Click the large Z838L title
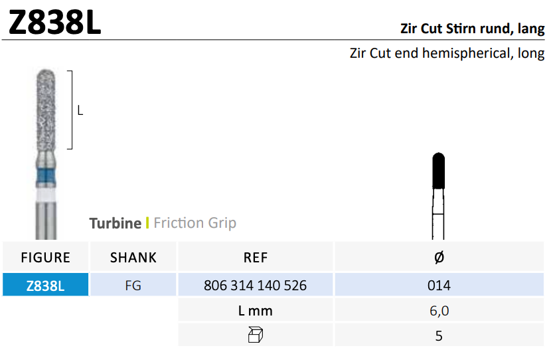[x=55, y=23]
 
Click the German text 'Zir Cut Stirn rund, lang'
[x=472, y=29]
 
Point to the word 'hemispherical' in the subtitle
[x=466, y=53]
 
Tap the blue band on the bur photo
[x=46, y=177]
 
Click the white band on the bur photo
[x=46, y=195]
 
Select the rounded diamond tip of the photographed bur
[x=46, y=75]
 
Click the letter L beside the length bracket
[x=80, y=111]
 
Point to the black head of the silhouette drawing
[x=439, y=171]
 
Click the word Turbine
[x=116, y=223]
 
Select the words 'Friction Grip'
[x=195, y=223]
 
